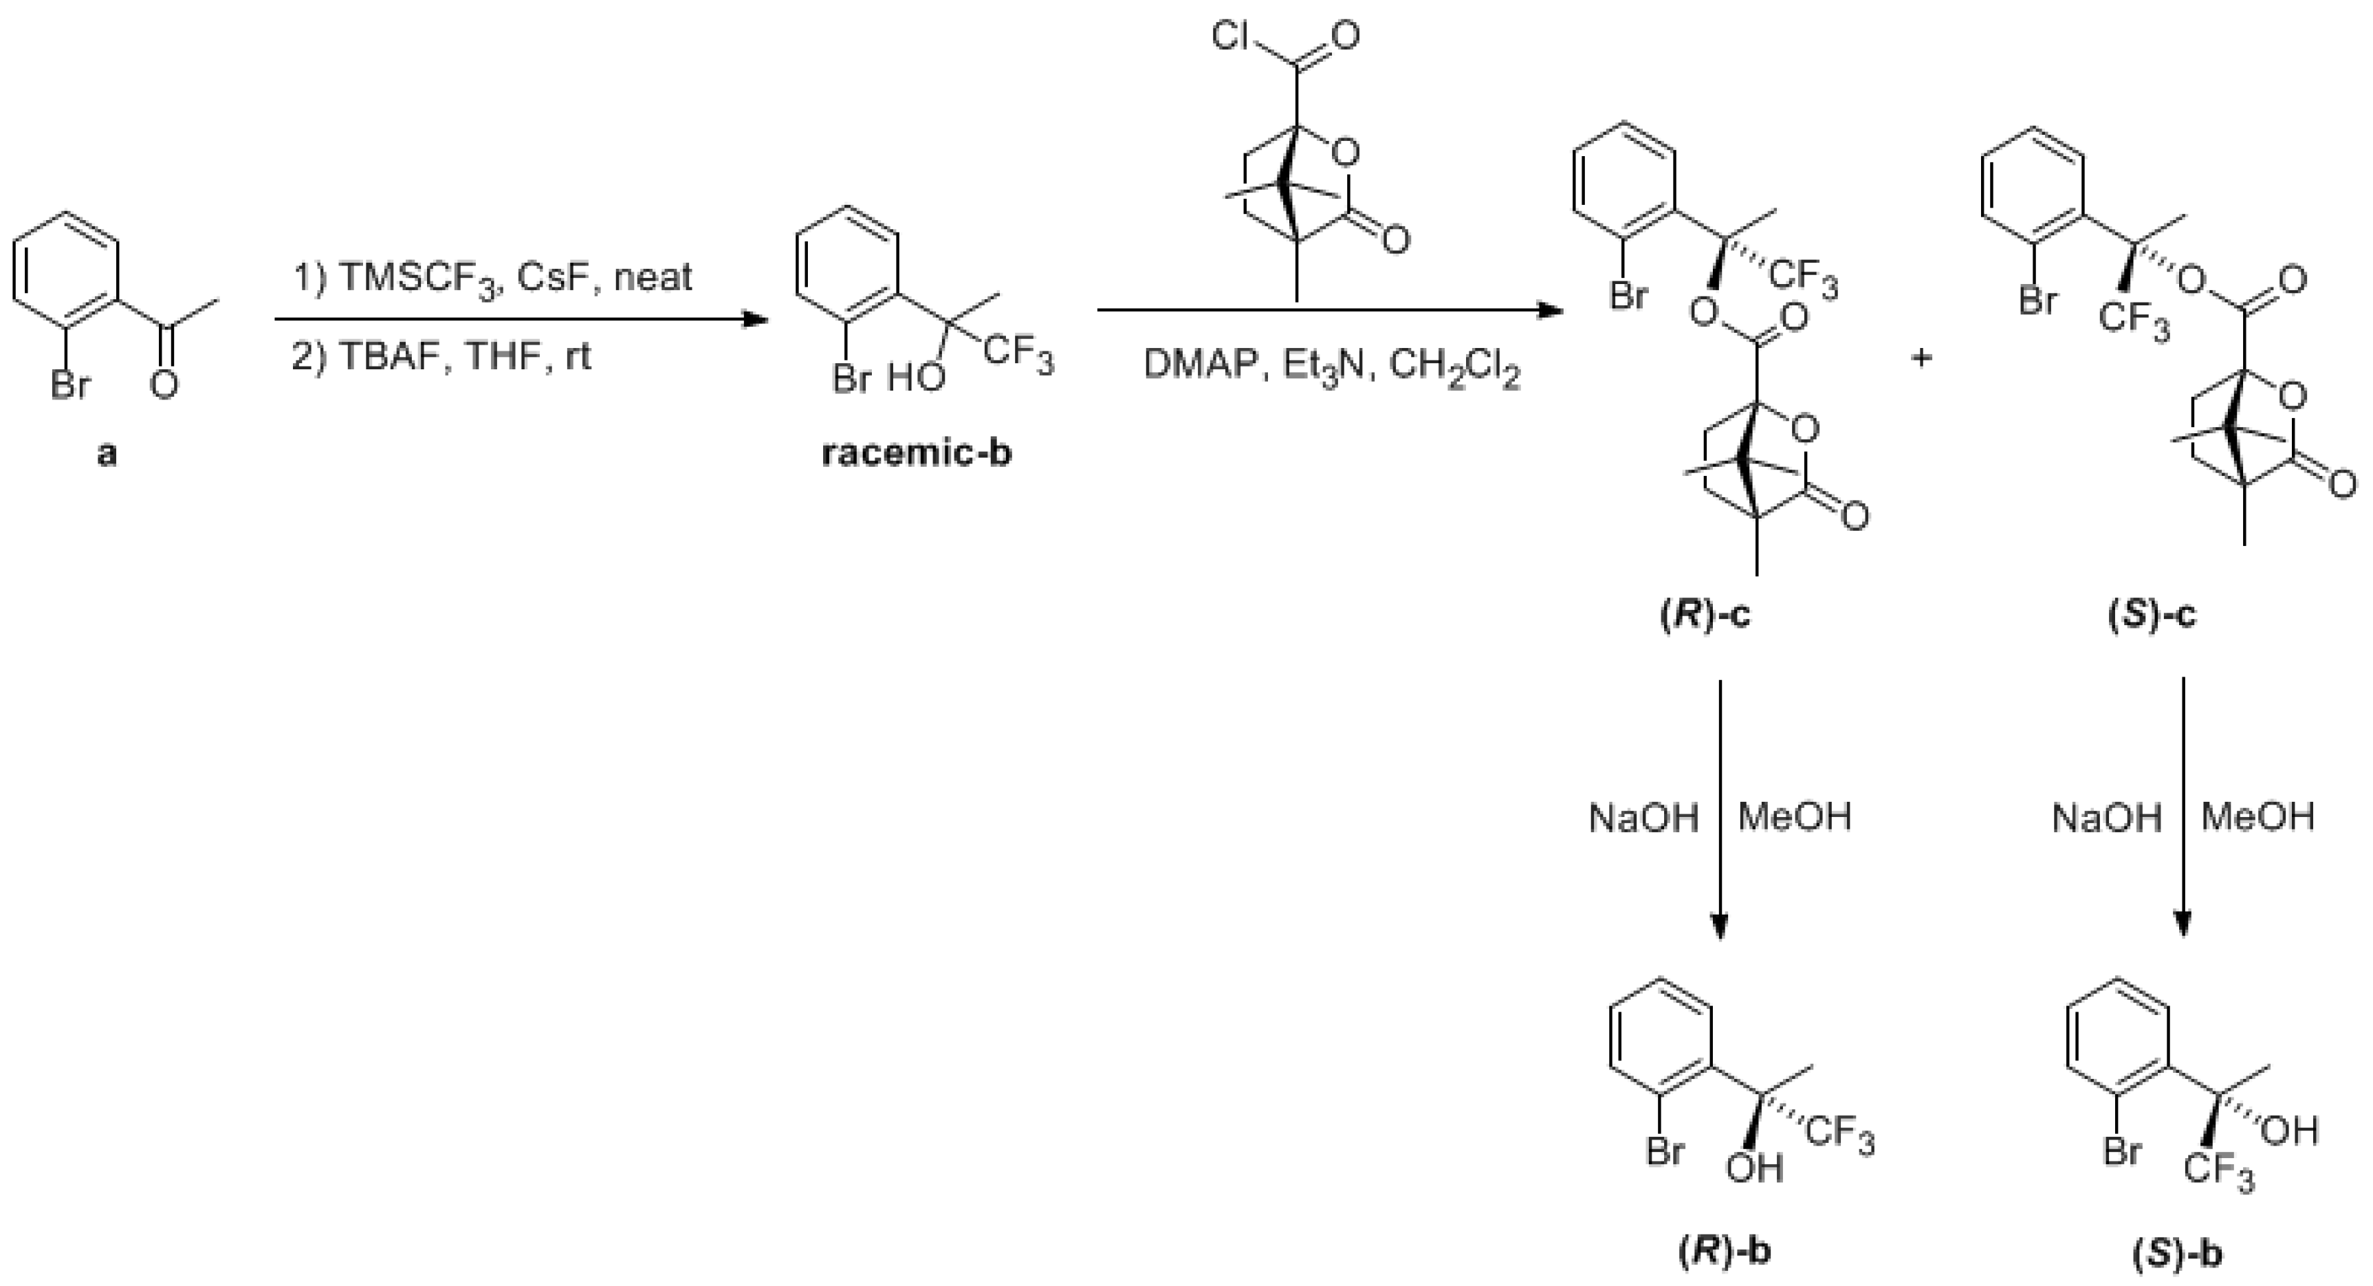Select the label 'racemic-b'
click(x=916, y=454)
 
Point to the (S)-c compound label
click(x=2152, y=614)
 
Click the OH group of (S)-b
click(x=2289, y=1131)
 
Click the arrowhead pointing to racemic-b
click(x=757, y=320)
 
